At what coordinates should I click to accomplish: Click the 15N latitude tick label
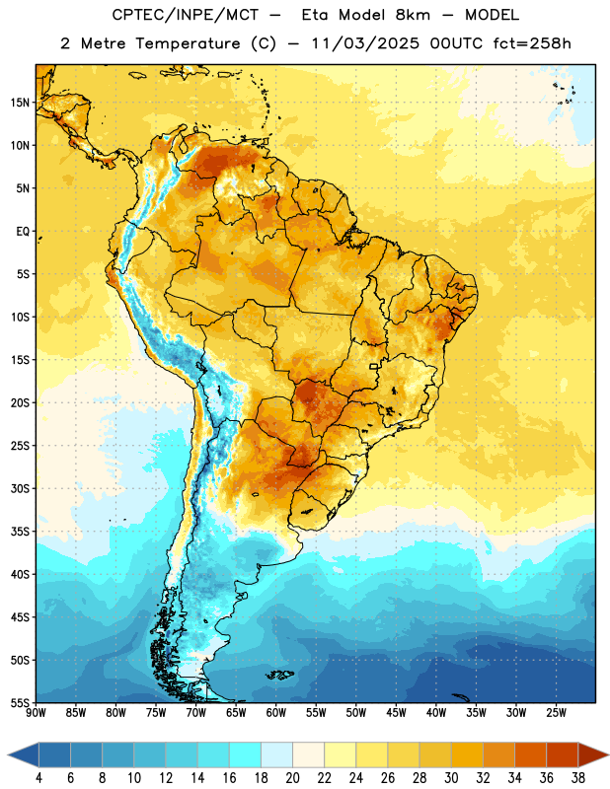pos(20,103)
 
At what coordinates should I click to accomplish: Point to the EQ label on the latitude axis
pos(23,232)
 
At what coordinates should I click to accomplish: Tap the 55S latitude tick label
pos(20,702)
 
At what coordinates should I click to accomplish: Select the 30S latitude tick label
pos(20,488)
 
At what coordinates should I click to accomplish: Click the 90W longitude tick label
pos(36,712)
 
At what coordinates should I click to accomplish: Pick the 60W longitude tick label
pos(276,712)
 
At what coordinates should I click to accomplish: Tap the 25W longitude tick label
pos(556,712)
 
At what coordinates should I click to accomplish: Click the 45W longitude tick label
pos(396,712)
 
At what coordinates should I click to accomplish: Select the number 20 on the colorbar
pos(292,778)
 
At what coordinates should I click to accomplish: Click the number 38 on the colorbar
pos(578,778)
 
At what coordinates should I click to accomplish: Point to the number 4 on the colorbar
pos(38,778)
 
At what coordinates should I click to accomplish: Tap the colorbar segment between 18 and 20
pos(277,754)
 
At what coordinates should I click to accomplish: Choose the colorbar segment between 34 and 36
pos(531,754)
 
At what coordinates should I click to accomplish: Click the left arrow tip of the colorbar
pos(8,754)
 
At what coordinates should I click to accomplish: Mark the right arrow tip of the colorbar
pos(609,754)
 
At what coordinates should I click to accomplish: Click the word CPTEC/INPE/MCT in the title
pos(185,15)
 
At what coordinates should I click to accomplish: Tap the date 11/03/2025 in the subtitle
pos(365,43)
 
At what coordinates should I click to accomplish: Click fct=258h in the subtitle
pos(532,43)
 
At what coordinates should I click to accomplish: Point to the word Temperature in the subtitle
pos(188,44)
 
